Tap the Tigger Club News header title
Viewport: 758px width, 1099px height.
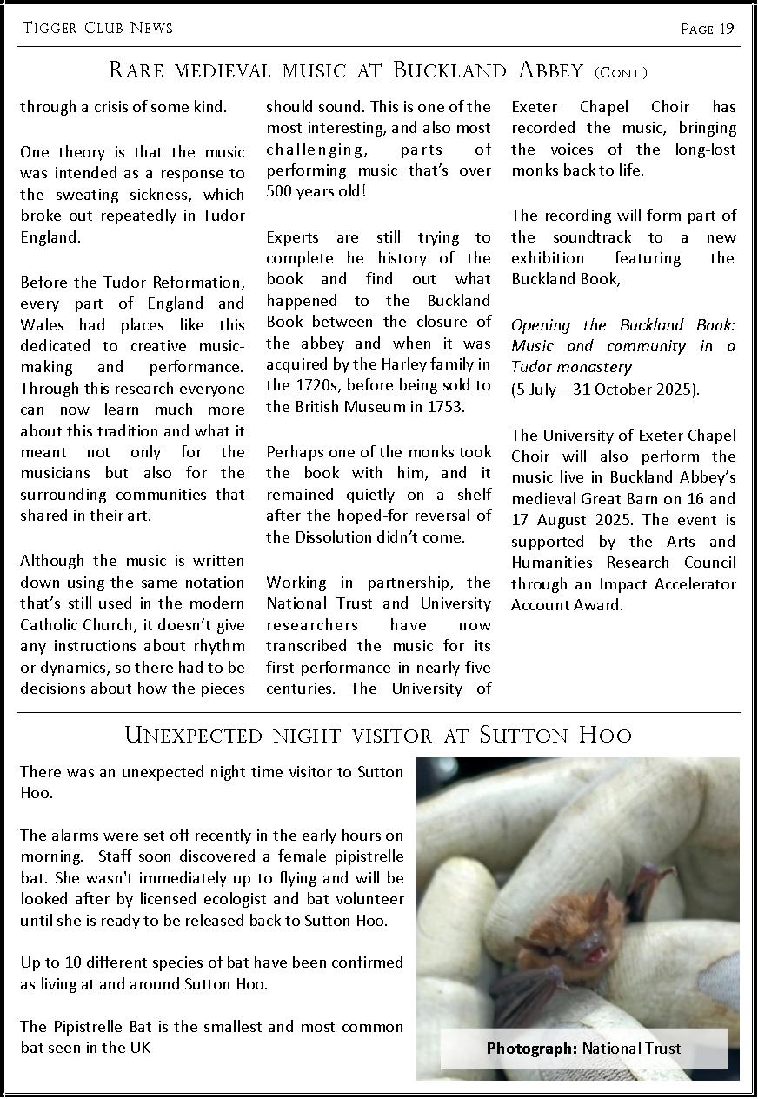click(x=97, y=28)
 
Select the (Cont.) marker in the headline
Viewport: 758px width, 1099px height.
click(x=621, y=72)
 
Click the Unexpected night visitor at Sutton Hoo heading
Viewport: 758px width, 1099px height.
click(x=378, y=735)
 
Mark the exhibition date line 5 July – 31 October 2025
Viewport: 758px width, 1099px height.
click(x=605, y=389)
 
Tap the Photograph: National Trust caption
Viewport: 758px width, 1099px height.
click(x=583, y=1049)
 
